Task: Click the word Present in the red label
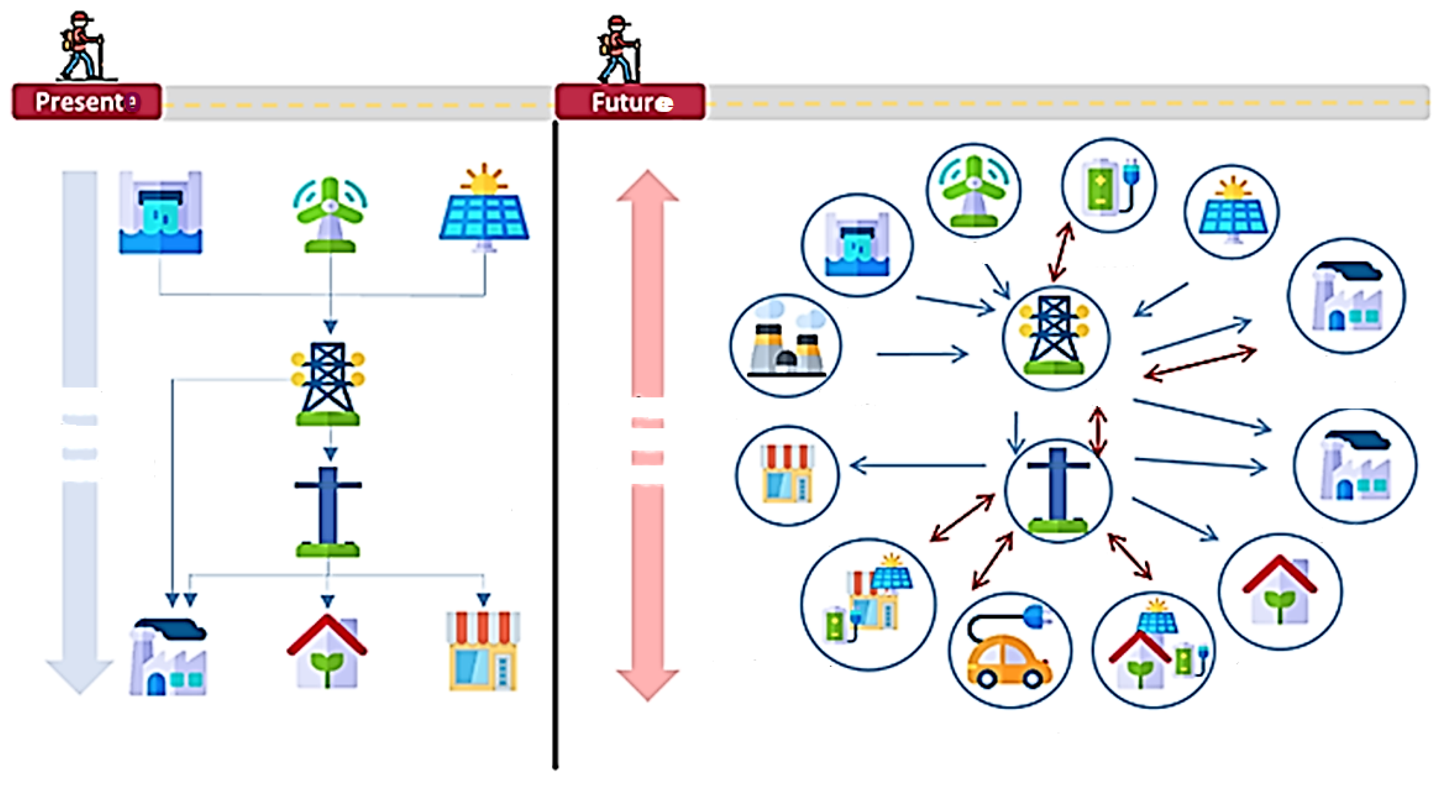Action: point(79,102)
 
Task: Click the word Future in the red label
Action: point(625,103)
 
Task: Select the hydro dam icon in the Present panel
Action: point(161,213)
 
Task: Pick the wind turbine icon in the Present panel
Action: point(330,214)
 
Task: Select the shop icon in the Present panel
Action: point(483,650)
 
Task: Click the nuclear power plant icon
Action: point(786,345)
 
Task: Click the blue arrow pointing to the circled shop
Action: point(918,466)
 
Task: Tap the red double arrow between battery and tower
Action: point(1062,251)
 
